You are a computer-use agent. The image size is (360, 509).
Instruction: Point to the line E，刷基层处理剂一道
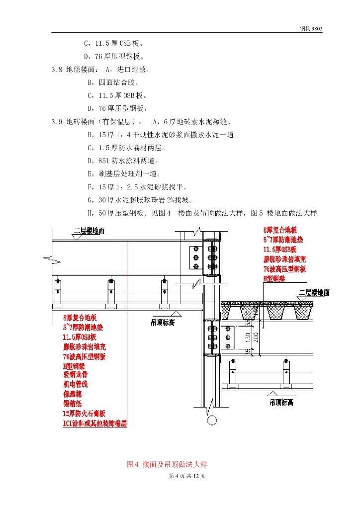tap(123, 173)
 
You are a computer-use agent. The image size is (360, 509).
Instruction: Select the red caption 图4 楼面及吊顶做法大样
tap(167, 464)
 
